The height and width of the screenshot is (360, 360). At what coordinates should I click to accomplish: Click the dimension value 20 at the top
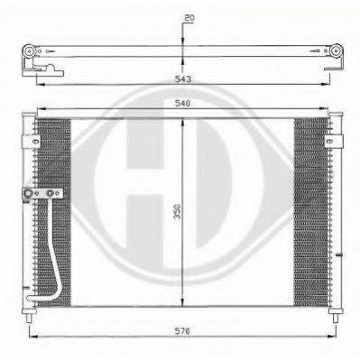coord(189,18)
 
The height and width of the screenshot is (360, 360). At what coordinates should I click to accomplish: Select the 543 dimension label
coord(183,79)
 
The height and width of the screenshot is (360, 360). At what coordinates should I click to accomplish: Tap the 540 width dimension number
coord(182,103)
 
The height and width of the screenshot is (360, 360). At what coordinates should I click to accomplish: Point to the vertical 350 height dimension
coord(178,211)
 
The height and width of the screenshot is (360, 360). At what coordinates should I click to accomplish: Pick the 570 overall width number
coord(182,331)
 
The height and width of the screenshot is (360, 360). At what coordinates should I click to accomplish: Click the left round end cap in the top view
coord(29,51)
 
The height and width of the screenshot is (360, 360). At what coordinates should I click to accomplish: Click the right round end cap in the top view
coord(337,51)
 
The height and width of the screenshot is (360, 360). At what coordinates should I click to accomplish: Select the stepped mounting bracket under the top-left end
coord(43,70)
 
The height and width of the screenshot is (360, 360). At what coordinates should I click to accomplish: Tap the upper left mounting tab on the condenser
coord(31,142)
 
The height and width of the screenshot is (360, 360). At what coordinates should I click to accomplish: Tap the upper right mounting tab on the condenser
coord(334,142)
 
